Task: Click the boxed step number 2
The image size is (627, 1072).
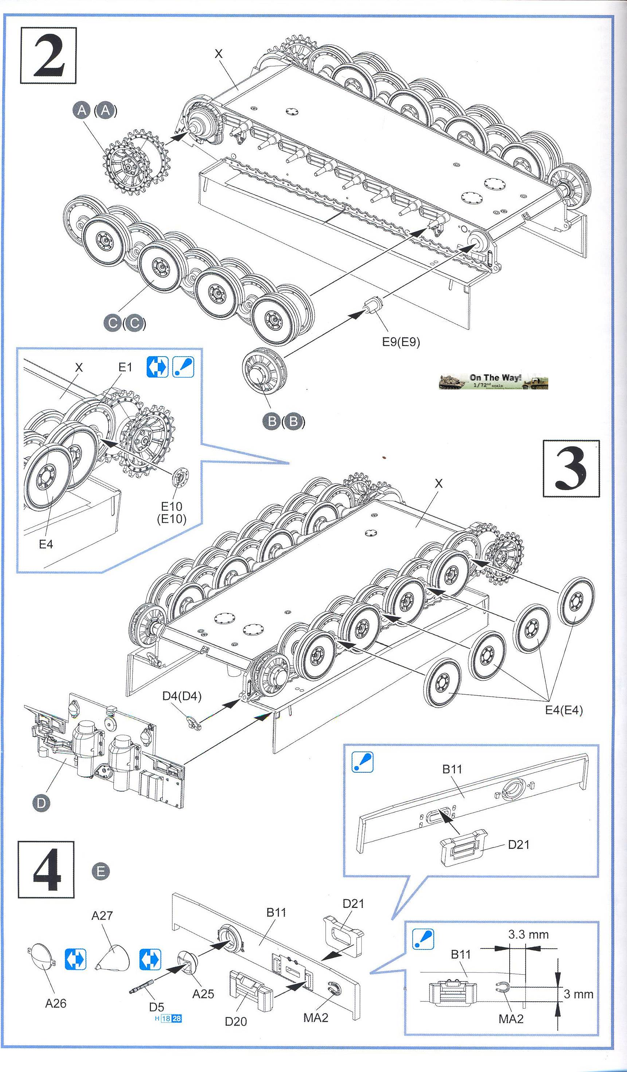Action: coord(48,55)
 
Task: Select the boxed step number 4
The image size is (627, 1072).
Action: coord(46,870)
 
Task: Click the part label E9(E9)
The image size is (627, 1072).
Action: coord(401,342)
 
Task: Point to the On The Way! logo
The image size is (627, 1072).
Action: coord(494,381)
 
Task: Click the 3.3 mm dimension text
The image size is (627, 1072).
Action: coord(528,935)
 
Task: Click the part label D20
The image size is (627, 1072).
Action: coord(235,1021)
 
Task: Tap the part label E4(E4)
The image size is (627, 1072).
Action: coord(564,710)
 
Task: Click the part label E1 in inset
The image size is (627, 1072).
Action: coord(125,367)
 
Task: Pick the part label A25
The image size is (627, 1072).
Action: coord(203,994)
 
